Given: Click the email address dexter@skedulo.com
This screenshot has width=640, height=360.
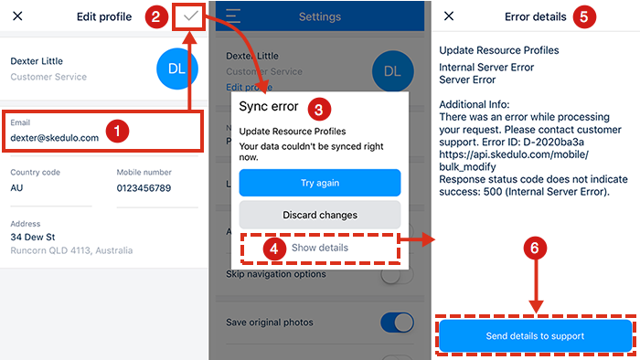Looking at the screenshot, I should pyautogui.click(x=55, y=138).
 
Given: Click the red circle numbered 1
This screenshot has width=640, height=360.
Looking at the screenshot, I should pyautogui.click(x=115, y=131).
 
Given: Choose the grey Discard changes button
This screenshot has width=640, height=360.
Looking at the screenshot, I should pyautogui.click(x=319, y=215).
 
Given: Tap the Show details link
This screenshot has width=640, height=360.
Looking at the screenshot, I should pyautogui.click(x=319, y=248).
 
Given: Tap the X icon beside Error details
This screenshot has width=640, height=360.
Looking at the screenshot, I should pyautogui.click(x=448, y=16).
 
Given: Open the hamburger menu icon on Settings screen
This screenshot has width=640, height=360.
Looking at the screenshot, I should pyautogui.click(x=233, y=16).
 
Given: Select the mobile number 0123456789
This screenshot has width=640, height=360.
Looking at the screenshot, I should pyautogui.click(x=144, y=188).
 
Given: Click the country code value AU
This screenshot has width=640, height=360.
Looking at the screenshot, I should pyautogui.click(x=17, y=188).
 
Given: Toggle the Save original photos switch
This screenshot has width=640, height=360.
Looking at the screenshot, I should pyautogui.click(x=396, y=323).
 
